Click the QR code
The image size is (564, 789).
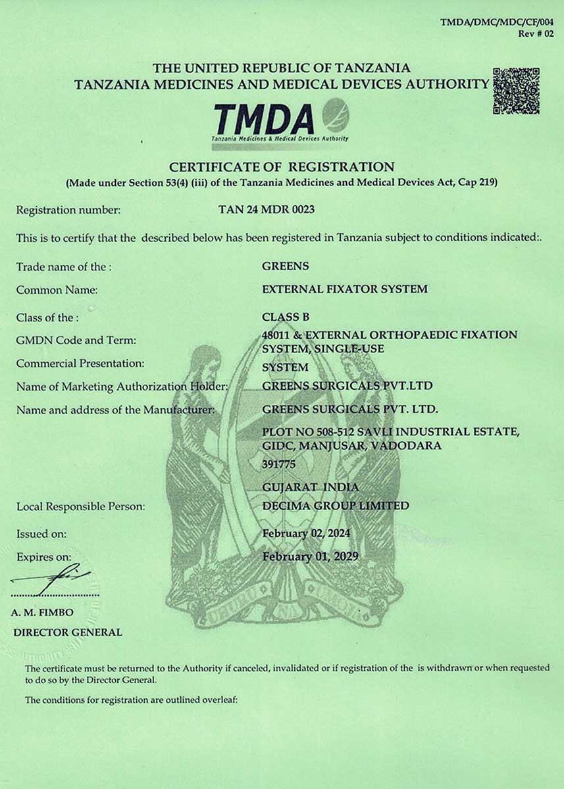[x=516, y=91]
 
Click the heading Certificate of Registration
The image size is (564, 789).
[x=282, y=167]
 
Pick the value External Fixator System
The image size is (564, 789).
[x=344, y=289]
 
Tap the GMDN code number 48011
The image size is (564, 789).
[x=276, y=335]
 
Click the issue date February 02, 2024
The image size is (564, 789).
[x=306, y=533]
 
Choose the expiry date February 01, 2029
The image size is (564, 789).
[x=309, y=556]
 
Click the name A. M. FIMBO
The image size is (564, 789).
[x=42, y=612]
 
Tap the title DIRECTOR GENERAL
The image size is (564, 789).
[x=68, y=632]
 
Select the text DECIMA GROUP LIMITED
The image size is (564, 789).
[x=335, y=506]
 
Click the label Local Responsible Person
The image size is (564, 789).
[x=80, y=506]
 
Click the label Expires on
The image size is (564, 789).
[x=43, y=557]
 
